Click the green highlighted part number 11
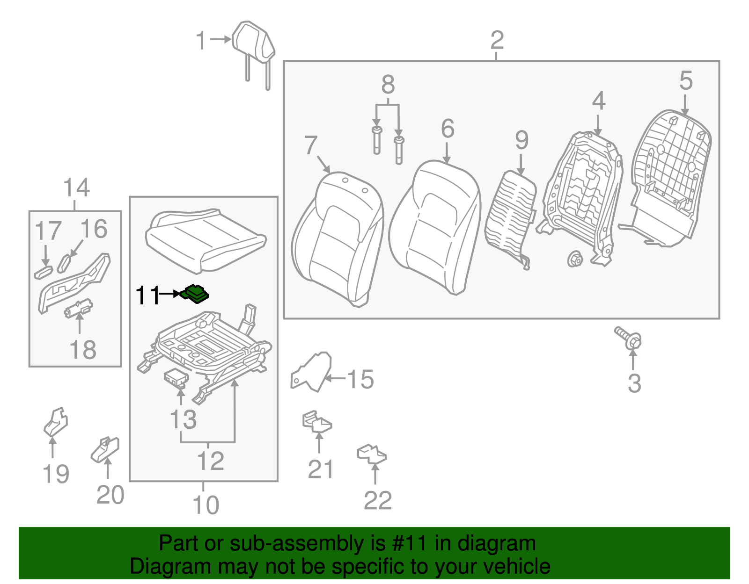pyautogui.click(x=196, y=294)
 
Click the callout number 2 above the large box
pyautogui.click(x=497, y=40)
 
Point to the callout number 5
pyautogui.click(x=685, y=81)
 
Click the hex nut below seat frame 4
pyautogui.click(x=574, y=258)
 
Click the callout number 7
pyautogui.click(x=310, y=145)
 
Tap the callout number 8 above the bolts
pyautogui.click(x=388, y=85)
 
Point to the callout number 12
pyautogui.click(x=211, y=461)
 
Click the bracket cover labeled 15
pyautogui.click(x=312, y=372)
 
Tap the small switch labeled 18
pyautogui.click(x=79, y=308)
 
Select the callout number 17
pyautogui.click(x=48, y=231)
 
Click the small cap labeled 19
pyautogui.click(x=56, y=422)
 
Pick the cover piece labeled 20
pyautogui.click(x=105, y=449)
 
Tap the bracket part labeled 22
pyautogui.click(x=372, y=454)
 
